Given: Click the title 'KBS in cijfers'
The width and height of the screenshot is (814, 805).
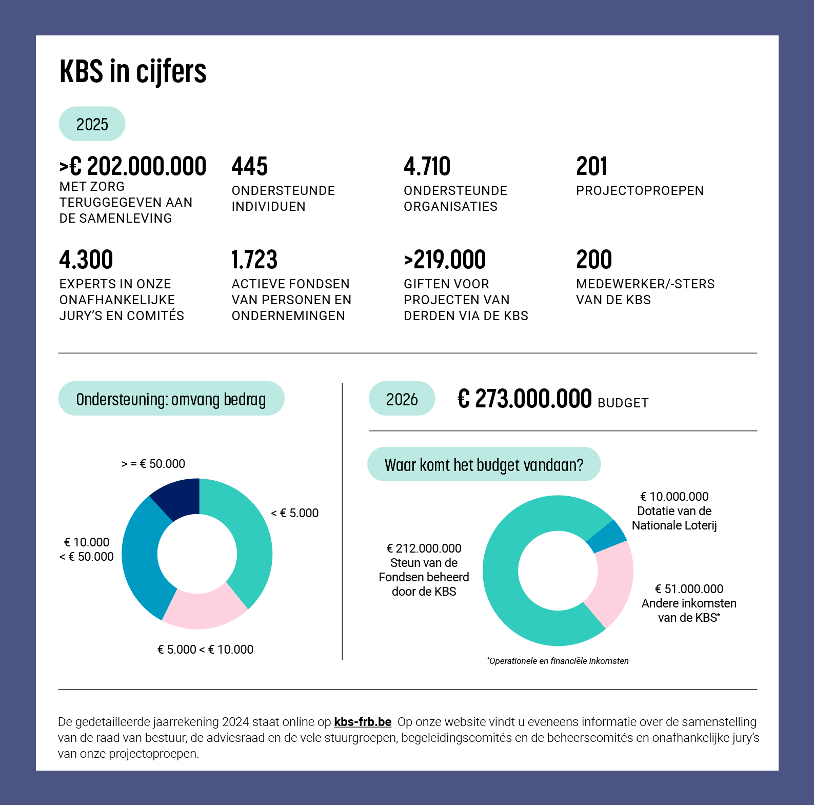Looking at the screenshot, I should coord(133,71).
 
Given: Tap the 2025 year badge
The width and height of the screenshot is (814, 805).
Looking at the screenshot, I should coord(92,124).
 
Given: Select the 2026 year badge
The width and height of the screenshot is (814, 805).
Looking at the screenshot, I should coord(402,399).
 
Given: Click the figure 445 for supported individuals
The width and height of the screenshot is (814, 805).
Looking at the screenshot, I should coord(250,166).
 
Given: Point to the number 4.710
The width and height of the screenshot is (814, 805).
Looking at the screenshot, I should coord(427,166).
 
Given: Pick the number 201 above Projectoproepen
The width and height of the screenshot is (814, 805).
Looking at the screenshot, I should coord(591,166).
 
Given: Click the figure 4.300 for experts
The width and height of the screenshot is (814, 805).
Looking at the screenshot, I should coord(86,260).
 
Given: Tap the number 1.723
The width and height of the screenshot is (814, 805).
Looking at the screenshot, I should coord(254,260).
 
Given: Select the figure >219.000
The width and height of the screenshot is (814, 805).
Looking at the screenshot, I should coord(445,260).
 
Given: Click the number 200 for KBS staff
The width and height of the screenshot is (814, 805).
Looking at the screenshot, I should coord(594,260).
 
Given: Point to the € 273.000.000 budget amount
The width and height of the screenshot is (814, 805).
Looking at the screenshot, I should coord(525,399).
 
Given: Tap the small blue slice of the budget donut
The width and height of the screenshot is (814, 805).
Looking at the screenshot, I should coord(607,537).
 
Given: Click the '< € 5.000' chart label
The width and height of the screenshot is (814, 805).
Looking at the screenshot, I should coord(295,513).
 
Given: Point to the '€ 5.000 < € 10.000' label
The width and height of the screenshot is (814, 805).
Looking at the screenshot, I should coord(205,650).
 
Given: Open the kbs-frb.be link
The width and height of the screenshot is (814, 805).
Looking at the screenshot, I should coord(363,722).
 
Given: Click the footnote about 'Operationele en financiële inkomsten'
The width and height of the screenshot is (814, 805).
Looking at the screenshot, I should coord(558,661).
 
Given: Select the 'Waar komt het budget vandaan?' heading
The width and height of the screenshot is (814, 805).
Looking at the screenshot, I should coord(484,465).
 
